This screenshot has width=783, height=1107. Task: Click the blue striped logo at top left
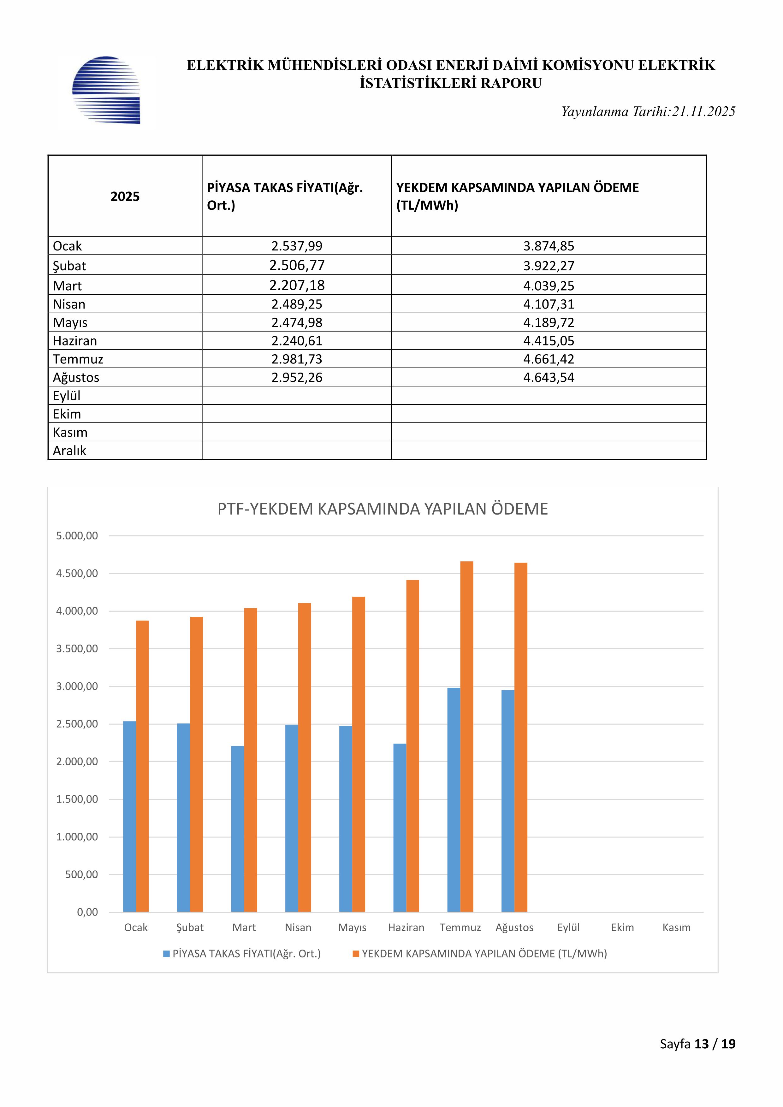tap(106, 90)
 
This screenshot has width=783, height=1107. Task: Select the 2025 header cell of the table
tap(125, 196)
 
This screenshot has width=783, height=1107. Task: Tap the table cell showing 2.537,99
tap(297, 246)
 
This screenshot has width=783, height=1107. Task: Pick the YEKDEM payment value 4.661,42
tap(549, 359)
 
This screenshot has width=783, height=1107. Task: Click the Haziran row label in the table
tap(75, 341)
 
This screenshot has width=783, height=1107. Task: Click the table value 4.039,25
tap(549, 286)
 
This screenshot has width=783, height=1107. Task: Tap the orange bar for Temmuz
tap(466, 738)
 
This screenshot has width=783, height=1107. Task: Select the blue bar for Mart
tap(237, 829)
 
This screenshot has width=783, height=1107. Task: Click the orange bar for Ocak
tap(142, 767)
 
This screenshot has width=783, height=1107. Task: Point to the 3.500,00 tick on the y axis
tap(77, 649)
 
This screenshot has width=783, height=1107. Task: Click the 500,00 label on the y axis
tap(81, 874)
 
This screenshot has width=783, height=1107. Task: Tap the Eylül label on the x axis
tap(568, 927)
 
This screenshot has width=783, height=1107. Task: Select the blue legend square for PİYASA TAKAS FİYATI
tap(166, 954)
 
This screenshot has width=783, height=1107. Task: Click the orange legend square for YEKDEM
tap(356, 954)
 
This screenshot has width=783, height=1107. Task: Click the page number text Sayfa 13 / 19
tap(697, 1044)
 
